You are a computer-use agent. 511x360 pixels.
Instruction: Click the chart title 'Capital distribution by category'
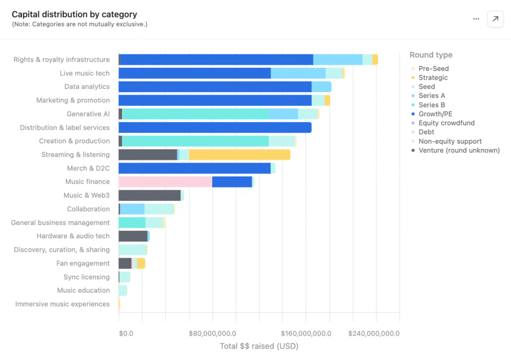click(74, 14)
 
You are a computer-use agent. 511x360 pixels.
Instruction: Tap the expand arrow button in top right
click(495, 19)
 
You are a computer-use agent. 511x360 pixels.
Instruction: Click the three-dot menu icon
click(476, 19)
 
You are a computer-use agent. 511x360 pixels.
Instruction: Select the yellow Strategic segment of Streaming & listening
click(240, 155)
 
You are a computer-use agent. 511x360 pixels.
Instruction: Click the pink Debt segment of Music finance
click(165, 182)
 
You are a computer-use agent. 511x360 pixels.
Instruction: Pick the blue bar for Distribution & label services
click(215, 128)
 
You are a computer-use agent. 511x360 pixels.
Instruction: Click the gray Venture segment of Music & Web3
click(149, 195)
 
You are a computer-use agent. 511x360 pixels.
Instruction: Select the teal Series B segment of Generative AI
click(195, 114)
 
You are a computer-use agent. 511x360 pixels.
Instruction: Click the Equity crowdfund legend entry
click(446, 123)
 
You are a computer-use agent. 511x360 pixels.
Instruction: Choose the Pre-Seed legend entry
click(433, 68)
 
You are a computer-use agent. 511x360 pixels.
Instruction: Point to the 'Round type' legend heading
click(431, 55)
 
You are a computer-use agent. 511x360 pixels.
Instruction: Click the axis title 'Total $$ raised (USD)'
click(259, 346)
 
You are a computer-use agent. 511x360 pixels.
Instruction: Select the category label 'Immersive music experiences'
click(62, 304)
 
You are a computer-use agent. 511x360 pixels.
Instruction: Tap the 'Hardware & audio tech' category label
click(73, 236)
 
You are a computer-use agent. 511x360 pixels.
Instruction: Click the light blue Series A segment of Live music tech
click(298, 73)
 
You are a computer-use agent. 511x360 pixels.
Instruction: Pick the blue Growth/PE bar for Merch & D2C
click(195, 169)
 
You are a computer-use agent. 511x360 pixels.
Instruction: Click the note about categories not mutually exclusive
click(79, 24)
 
